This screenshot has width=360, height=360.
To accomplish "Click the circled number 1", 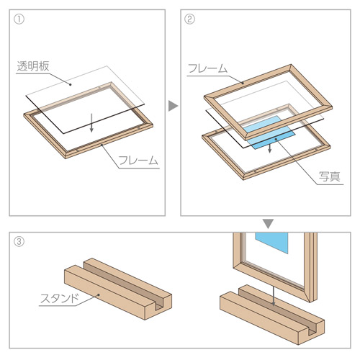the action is (x=19, y=19).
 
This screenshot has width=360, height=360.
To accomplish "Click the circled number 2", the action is (x=189, y=19).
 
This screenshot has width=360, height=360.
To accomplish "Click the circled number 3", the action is (x=19, y=241).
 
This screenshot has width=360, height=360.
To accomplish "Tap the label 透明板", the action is (x=33, y=66).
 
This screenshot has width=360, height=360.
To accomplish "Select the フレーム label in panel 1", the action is (x=138, y=160).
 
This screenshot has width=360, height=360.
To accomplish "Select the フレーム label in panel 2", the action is (x=207, y=68).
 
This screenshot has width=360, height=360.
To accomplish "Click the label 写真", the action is (x=330, y=176).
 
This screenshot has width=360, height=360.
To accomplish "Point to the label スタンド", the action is (x=59, y=299).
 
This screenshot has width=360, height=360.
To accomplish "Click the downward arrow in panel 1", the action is (x=91, y=123).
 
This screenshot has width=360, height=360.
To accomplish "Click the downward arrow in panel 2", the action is (x=270, y=147).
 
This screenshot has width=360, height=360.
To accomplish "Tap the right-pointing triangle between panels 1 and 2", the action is (x=173, y=106).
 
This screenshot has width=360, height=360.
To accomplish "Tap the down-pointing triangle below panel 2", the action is (x=268, y=224).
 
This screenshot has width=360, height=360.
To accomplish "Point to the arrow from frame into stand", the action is (x=273, y=296).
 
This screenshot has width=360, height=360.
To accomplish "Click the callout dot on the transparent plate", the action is (x=71, y=84).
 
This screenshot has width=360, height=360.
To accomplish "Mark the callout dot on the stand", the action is (x=99, y=294).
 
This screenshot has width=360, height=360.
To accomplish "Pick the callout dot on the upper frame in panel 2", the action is (x=243, y=83).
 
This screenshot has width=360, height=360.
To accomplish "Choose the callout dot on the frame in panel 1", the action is (x=102, y=145).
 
